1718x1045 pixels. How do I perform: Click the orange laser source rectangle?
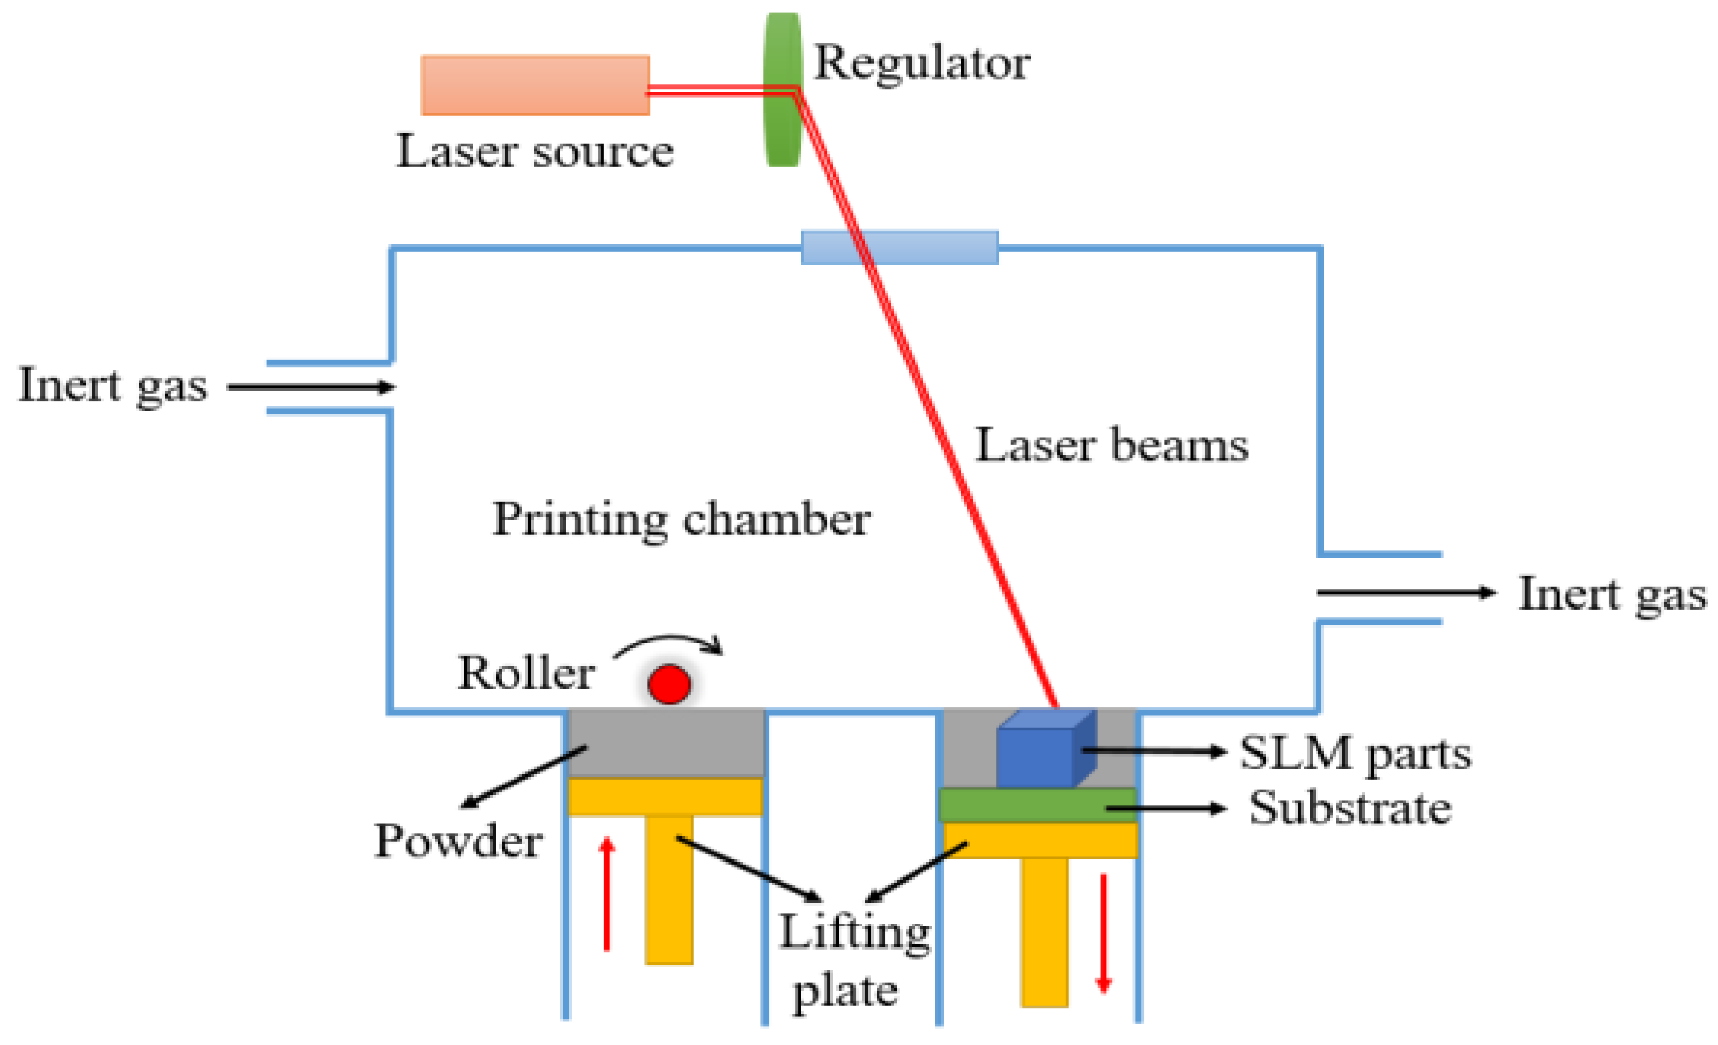534,84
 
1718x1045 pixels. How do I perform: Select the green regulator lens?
783,89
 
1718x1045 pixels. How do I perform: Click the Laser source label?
534,151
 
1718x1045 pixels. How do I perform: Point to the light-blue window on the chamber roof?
899,247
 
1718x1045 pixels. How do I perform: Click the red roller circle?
669,683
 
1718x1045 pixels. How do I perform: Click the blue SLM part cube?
1036,754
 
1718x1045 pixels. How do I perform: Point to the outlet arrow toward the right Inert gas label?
1406,593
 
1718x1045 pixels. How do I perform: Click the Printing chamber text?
680,520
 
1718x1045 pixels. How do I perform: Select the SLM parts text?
1355,753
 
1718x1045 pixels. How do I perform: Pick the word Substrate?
1350,808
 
